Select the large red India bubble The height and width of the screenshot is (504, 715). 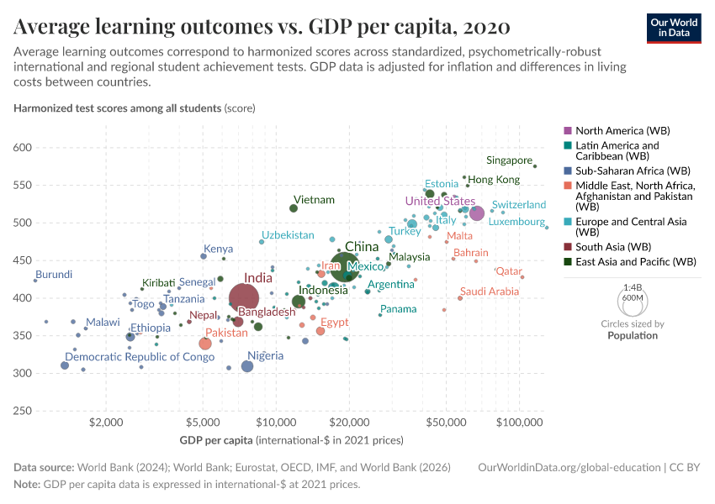click(x=244, y=297)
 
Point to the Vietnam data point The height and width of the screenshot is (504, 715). click(x=294, y=208)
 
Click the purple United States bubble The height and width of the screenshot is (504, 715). click(x=477, y=213)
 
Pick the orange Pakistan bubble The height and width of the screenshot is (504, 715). click(x=205, y=344)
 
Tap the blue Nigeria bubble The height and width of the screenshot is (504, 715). click(x=247, y=366)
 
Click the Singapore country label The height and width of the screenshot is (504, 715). click(x=509, y=160)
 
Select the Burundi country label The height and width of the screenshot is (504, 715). click(x=54, y=275)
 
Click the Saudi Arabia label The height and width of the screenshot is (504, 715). click(x=489, y=291)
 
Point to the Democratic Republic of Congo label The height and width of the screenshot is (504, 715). click(x=140, y=357)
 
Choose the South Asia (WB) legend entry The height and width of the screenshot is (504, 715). click(x=613, y=247)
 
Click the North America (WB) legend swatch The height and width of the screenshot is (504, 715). click(x=568, y=131)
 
